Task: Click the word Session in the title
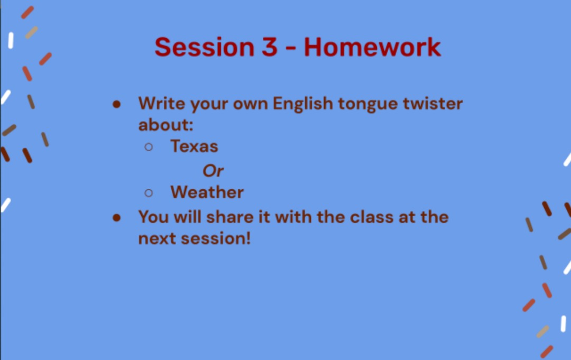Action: (204, 47)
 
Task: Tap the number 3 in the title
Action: (270, 47)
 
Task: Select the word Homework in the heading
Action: (372, 47)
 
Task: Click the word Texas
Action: (194, 146)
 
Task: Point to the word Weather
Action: (207, 192)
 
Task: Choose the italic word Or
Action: (213, 170)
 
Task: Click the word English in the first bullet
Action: (302, 104)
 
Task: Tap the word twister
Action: (432, 104)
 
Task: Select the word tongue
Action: (368, 104)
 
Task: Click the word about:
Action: (165, 125)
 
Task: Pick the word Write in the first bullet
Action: (162, 104)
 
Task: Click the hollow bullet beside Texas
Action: (149, 147)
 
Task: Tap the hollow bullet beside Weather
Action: (149, 193)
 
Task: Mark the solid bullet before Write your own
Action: (116, 105)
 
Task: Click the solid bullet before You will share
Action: (116, 218)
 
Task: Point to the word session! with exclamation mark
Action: (216, 238)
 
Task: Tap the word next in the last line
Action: (157, 239)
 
